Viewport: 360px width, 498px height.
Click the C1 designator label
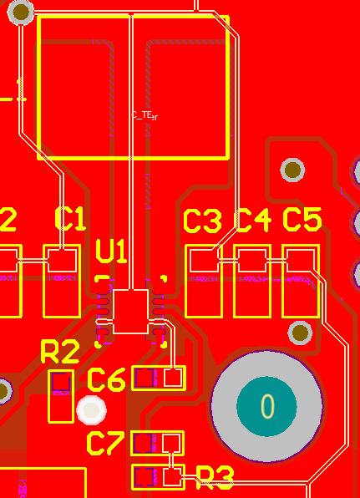coord(70,219)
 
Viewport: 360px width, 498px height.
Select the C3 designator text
coord(202,221)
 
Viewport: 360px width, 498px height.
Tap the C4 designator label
coord(253,221)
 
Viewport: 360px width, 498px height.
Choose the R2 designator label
coord(60,352)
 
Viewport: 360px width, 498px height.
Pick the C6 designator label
coord(106,380)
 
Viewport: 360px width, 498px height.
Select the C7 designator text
coord(106,444)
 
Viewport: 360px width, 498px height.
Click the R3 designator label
coord(215,477)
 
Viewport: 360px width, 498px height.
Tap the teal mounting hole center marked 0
coord(266,407)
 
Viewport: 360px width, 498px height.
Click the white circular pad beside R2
coord(90,410)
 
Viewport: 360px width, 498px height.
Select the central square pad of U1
coord(130,312)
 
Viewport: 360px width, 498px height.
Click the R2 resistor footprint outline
coord(61,395)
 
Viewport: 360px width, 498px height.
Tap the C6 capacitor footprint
coord(158,378)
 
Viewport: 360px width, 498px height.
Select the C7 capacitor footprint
coord(158,442)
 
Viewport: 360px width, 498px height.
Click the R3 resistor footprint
coord(158,477)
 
